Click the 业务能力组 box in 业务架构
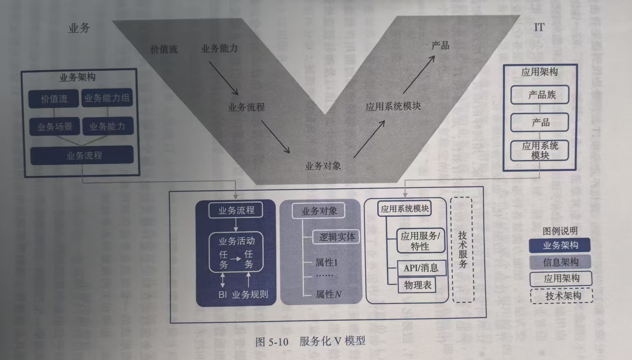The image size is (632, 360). [x=107, y=98]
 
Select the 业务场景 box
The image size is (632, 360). [x=55, y=127]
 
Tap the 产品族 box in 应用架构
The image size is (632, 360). [x=540, y=95]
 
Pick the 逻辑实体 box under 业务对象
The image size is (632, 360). [x=337, y=237]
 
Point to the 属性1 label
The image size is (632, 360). [x=326, y=263]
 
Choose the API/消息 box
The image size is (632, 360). [x=421, y=268]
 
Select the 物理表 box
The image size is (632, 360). [x=417, y=285]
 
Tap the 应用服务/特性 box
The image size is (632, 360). [x=420, y=241]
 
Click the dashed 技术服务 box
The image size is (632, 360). [x=462, y=250]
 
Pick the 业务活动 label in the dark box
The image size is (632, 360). [x=236, y=241]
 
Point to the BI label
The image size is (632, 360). [x=223, y=295]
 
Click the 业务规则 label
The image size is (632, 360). [x=250, y=295]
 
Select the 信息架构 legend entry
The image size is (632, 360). [x=560, y=262]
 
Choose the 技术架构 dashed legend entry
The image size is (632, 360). [x=562, y=296]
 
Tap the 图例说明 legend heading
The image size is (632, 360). [x=560, y=231]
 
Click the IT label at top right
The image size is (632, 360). [x=539, y=28]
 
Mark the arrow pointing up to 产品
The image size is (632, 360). [x=419, y=74]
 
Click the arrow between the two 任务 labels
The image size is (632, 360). [x=236, y=259]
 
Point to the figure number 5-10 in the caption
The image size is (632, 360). [x=278, y=342]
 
